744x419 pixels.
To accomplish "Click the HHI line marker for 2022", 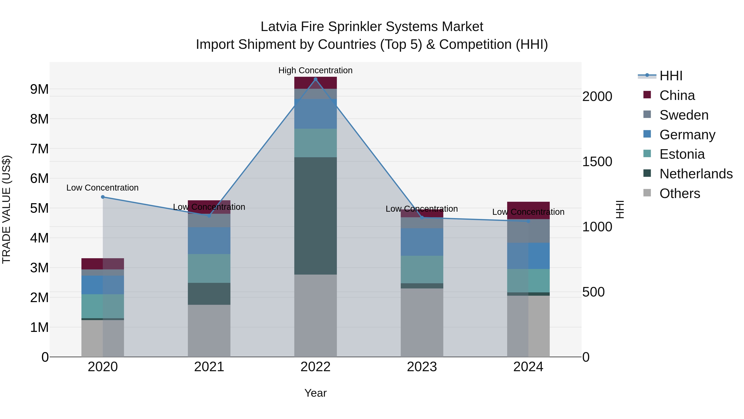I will pos(315,79).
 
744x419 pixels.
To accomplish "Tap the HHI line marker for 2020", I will pos(103,197).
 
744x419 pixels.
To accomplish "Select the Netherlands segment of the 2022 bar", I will pos(315,216).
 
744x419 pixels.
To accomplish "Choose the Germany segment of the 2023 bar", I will pos(422,242).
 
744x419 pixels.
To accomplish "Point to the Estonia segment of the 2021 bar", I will pos(209,268).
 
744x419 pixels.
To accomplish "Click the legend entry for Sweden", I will pos(684,115).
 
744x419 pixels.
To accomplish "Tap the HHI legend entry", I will pos(671,76).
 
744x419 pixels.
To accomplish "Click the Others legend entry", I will pos(680,193).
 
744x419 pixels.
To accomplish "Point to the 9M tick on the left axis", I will pos(39,89).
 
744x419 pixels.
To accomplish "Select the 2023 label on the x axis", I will pos(422,367).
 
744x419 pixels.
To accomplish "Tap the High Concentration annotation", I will pos(315,70).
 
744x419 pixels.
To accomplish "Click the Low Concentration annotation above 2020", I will pos(103,188).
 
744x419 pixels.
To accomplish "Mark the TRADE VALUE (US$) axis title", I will pos(6,209).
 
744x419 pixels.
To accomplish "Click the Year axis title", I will pos(315,393).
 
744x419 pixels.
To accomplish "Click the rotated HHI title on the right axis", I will pos(620,209).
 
